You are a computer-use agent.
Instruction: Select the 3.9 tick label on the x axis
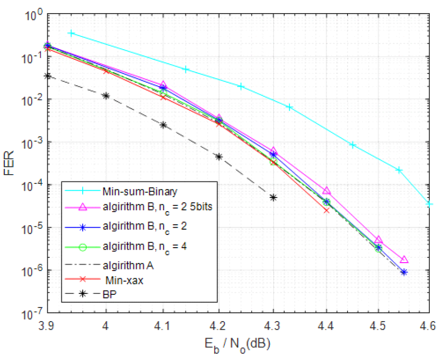click(x=47, y=324)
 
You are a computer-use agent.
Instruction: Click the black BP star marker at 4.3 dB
click(x=274, y=198)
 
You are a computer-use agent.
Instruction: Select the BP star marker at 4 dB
click(x=106, y=95)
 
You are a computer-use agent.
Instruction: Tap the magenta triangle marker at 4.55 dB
click(x=404, y=260)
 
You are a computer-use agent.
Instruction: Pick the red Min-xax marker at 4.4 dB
click(x=326, y=210)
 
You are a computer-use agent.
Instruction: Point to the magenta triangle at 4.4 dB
click(x=326, y=190)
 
